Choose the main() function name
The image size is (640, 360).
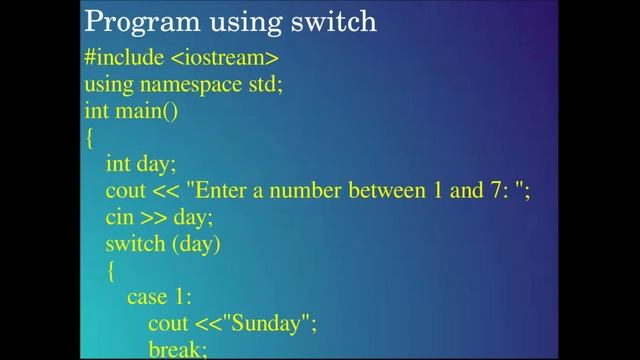pos(146,111)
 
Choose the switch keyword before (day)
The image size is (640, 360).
pos(135,243)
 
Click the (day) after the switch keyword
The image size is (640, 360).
pos(196,243)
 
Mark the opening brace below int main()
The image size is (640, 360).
pos(89,138)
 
